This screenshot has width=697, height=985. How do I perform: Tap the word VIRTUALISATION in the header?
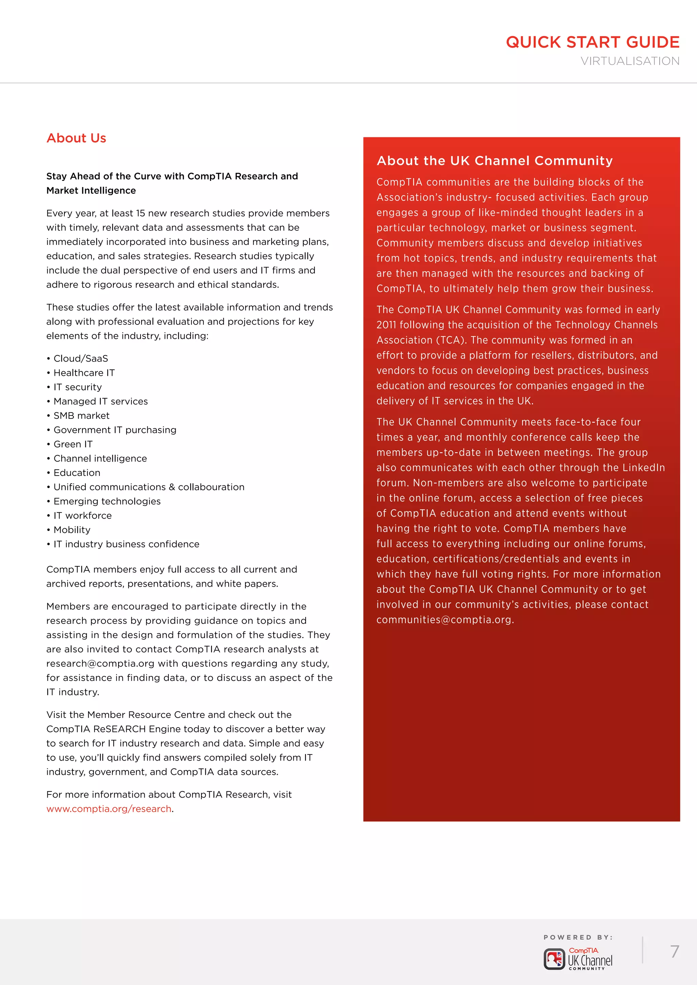coord(630,61)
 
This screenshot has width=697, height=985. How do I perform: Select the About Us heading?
coord(76,138)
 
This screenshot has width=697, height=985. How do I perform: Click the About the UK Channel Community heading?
coord(495,161)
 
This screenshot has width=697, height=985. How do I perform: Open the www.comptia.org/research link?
coord(109,809)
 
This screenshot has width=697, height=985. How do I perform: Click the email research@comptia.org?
coord(100,663)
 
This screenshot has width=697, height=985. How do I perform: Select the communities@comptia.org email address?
coord(444,619)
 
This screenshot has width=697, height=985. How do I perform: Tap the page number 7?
coord(674,951)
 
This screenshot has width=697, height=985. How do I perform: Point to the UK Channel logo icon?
coord(554,959)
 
